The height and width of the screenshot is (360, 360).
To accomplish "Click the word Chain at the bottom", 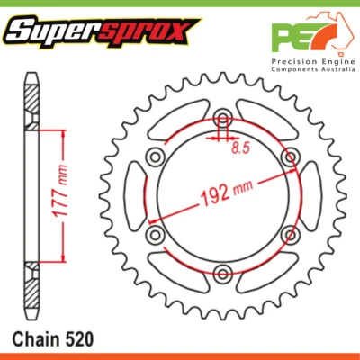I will (x=37, y=340).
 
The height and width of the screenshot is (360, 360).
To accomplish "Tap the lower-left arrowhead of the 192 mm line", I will (x=154, y=219).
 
